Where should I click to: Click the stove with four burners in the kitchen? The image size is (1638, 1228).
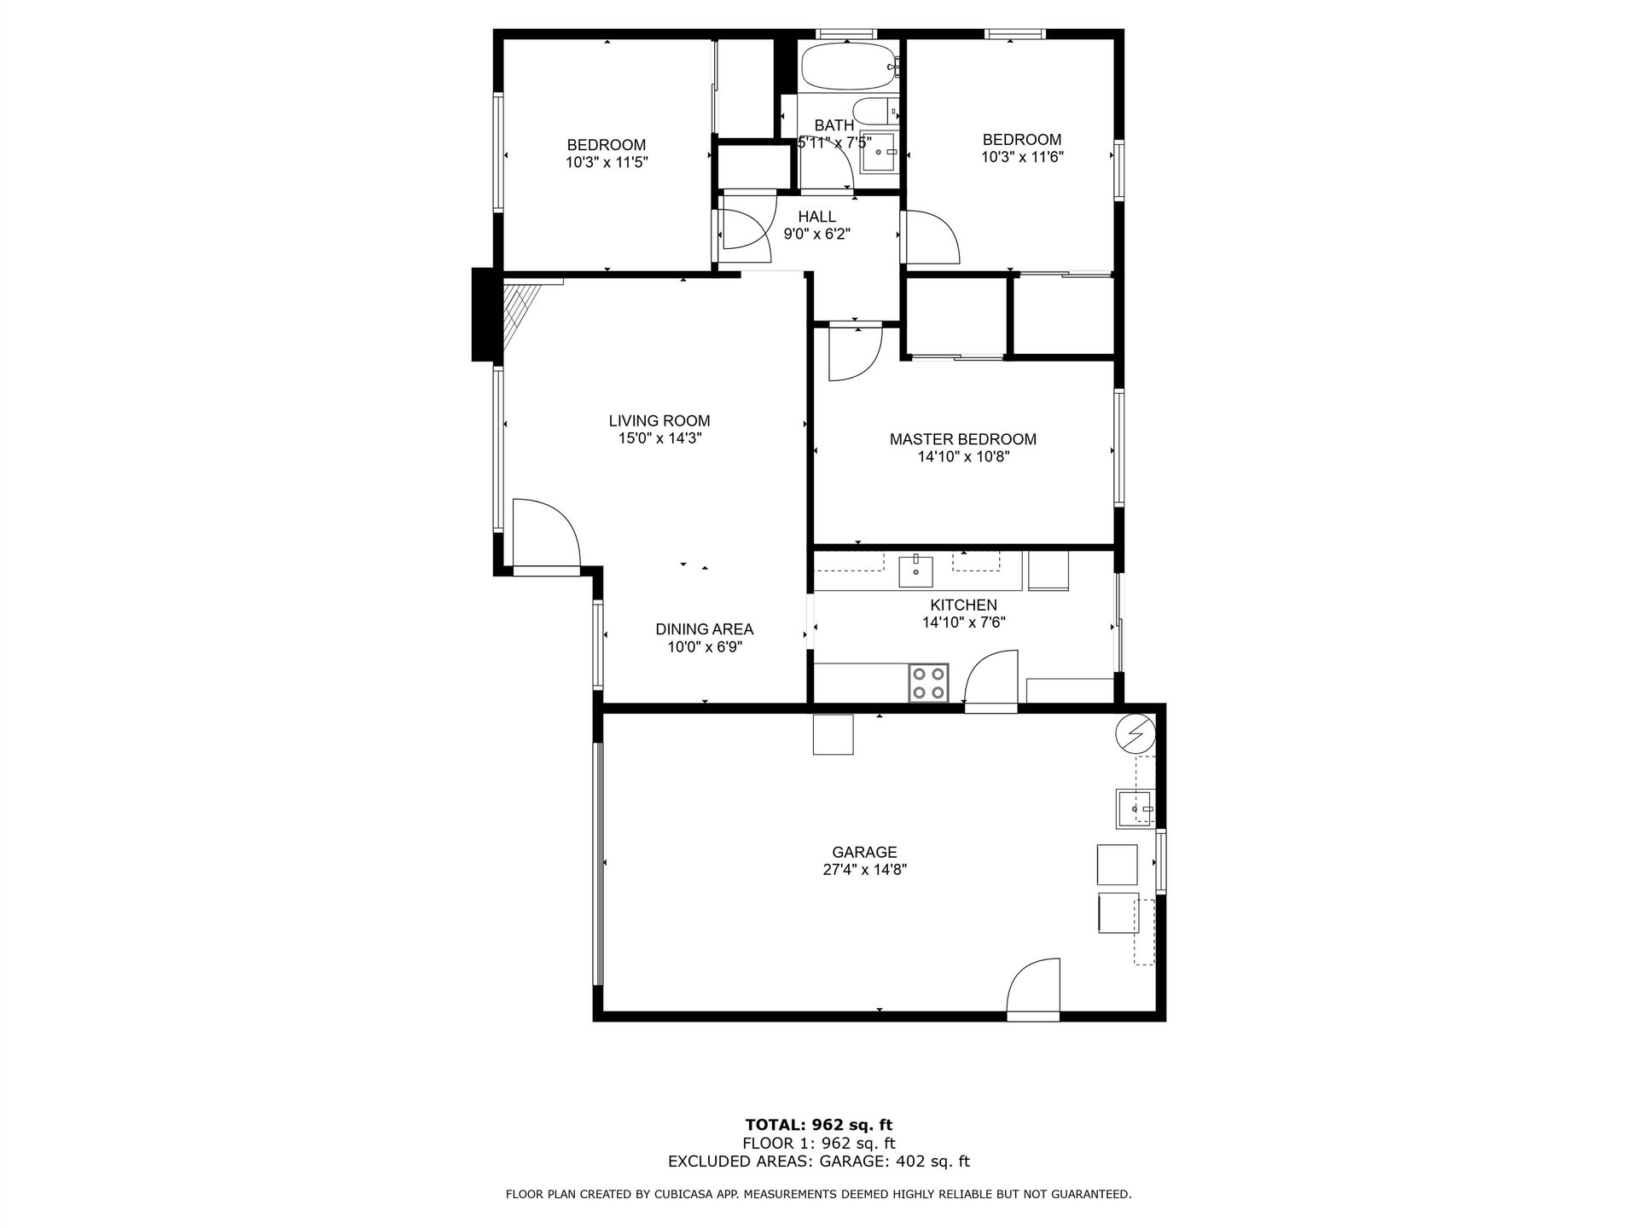pos(929,682)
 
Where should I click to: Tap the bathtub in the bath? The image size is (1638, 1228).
pos(851,66)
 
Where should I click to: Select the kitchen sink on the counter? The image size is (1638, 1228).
pos(916,571)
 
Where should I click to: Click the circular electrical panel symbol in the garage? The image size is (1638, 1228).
pos(1136,733)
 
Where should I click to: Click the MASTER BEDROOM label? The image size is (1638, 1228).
pos(963,439)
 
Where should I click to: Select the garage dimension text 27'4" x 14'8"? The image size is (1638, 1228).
pos(864,870)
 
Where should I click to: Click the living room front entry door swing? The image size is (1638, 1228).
pos(546,533)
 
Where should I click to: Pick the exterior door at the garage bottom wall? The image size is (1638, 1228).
pos(1033,989)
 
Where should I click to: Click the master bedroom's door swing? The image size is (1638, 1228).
pos(856,353)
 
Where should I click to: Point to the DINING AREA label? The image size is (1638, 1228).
pos(705,629)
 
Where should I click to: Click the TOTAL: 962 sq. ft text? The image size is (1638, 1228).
pos(819,1125)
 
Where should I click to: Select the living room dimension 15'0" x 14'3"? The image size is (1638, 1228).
pos(659,438)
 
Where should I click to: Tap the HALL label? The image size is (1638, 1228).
pos(817,217)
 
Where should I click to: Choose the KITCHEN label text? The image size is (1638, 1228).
pos(964,605)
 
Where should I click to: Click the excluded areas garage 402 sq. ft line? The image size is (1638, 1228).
pos(819,1161)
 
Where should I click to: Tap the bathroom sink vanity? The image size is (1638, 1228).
pos(880,154)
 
